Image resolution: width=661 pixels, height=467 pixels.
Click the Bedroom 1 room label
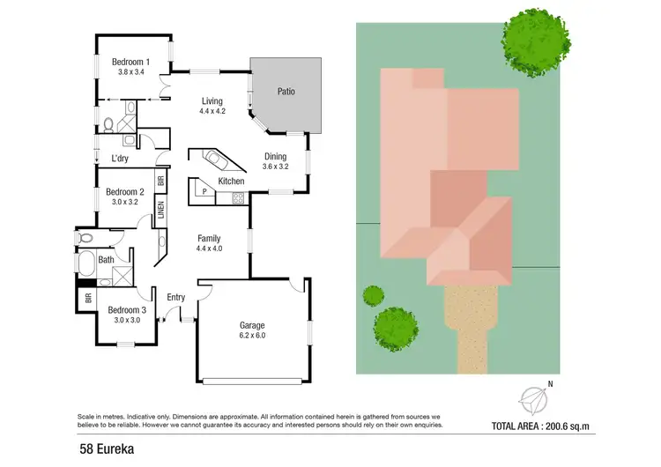point(130,67)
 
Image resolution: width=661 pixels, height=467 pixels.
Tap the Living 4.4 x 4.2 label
point(212,106)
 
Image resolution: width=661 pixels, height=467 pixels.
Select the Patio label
point(286,91)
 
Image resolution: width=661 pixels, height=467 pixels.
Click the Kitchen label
point(231,182)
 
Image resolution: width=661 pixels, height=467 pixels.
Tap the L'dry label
point(121,159)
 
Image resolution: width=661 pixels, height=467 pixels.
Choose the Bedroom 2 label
point(124,196)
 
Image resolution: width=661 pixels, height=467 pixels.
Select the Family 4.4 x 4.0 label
point(209,243)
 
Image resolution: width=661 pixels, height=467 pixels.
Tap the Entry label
point(176,297)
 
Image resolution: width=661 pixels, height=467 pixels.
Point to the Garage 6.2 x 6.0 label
point(252,330)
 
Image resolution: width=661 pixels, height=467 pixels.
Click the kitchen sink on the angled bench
point(216,160)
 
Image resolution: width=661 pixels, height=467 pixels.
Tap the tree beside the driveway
point(396,329)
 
